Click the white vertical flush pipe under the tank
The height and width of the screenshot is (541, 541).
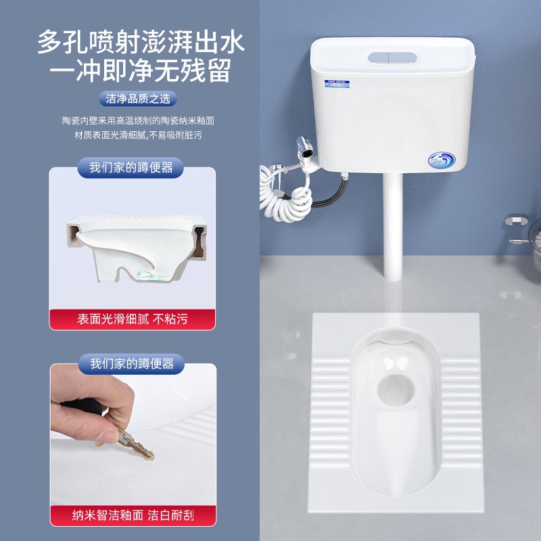click(393, 223)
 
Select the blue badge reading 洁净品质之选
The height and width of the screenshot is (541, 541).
click(138, 99)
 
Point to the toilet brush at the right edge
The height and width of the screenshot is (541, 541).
click(527, 237)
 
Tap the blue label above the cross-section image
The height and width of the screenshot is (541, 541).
click(132, 167)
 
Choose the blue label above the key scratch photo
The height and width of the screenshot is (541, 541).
click(132, 363)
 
